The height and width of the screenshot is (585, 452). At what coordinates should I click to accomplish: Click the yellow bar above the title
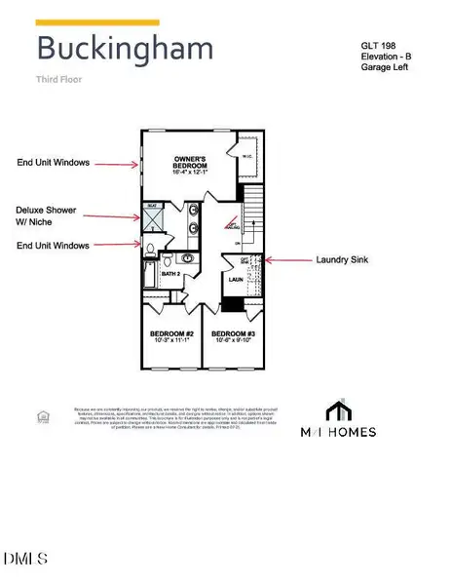coord(97,21)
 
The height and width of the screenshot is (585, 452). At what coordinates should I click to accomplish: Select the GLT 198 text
coord(379,45)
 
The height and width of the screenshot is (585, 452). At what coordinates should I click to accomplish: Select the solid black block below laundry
coord(232,304)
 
